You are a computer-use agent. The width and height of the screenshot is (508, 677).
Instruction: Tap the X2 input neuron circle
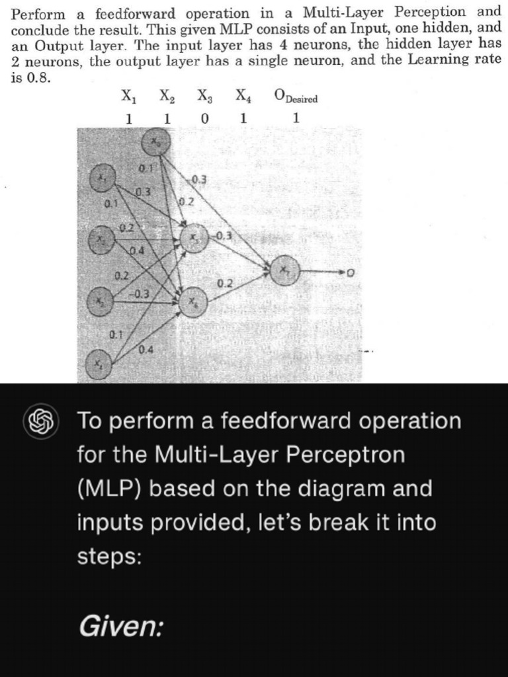(x=103, y=236)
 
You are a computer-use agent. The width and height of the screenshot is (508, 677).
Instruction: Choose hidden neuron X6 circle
(x=193, y=302)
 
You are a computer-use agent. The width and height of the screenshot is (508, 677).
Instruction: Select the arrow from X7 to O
(x=324, y=271)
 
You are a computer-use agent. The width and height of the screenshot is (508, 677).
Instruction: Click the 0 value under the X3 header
(x=204, y=119)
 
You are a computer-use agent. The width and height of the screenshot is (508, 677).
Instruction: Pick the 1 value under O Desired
(x=296, y=119)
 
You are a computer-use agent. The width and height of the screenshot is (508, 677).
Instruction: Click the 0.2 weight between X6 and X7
(x=224, y=284)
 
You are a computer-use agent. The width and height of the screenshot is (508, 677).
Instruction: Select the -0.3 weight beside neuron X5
(x=224, y=235)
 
